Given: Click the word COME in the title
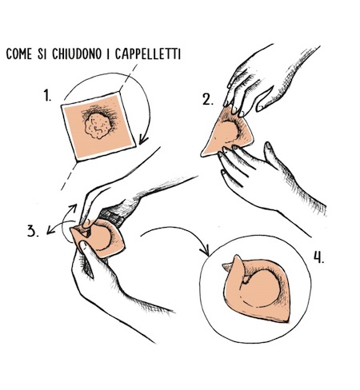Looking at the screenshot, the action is (18, 54).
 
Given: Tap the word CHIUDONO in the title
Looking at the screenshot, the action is (77, 54).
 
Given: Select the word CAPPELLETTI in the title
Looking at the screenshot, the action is (148, 54).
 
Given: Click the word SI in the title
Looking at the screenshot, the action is (42, 54).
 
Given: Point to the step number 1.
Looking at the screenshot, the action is (47, 95).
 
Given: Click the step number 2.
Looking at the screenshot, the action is (208, 100).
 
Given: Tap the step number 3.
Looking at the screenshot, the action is (33, 231).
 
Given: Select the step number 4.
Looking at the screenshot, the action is (318, 257).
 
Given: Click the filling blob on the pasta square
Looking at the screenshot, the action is (98, 125).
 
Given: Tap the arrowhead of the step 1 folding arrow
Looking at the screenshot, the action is (142, 140).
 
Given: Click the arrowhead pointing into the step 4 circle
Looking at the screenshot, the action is (206, 250).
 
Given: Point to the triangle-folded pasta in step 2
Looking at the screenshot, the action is (226, 133).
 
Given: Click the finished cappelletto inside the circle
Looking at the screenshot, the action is (256, 289).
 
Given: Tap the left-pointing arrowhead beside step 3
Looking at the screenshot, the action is (50, 231).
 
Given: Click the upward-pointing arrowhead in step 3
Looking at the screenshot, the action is (74, 207).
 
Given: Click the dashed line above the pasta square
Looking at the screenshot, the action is (128, 78).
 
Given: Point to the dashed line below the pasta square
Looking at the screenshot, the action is (70, 176).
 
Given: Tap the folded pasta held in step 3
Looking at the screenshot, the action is (98, 238).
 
